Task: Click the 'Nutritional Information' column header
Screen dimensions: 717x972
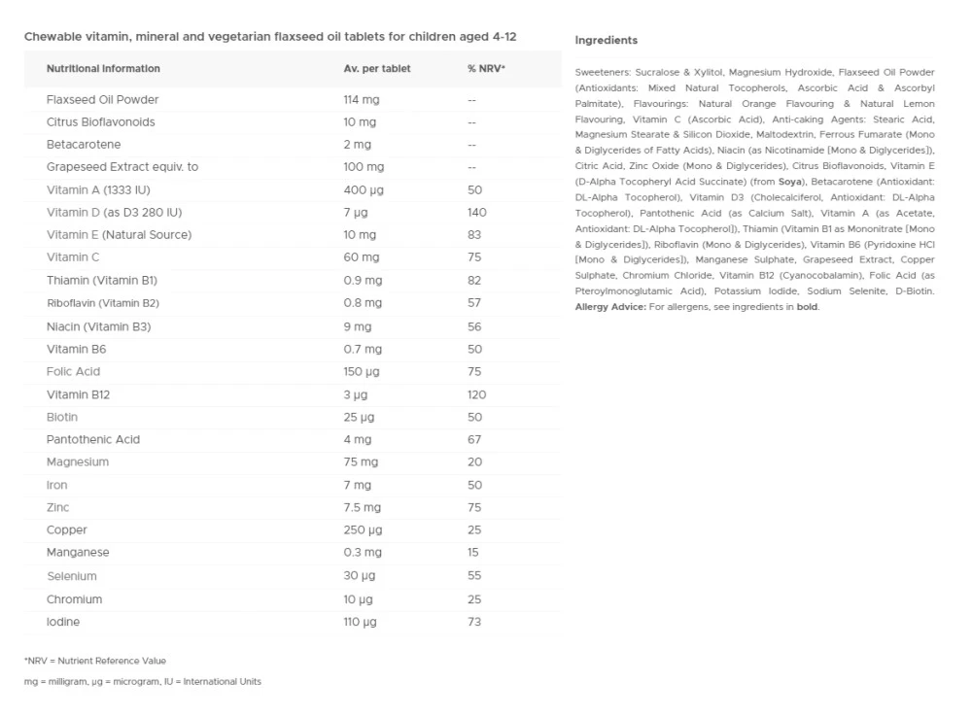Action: tap(103, 69)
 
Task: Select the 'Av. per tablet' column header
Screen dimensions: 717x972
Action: tap(377, 69)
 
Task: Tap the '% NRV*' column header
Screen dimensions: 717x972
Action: tap(486, 69)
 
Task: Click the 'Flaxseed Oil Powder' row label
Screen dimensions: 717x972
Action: tap(102, 100)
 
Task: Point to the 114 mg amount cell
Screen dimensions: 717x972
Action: tap(360, 100)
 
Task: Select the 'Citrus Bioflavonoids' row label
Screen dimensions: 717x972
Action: tap(100, 122)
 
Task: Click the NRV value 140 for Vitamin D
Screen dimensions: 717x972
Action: tap(476, 213)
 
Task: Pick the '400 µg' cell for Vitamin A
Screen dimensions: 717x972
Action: tap(363, 190)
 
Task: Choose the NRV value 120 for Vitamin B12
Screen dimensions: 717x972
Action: tap(476, 394)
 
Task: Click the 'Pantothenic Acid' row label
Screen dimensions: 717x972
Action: tap(93, 439)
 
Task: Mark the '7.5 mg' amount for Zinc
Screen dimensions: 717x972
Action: tap(362, 507)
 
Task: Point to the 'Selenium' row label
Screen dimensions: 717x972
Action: tap(72, 576)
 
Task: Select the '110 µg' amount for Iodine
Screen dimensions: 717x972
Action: tap(360, 622)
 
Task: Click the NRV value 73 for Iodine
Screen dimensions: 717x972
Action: tap(473, 622)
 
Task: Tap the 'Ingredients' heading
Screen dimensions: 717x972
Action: tap(606, 41)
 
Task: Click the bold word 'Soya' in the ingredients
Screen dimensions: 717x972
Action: tap(789, 182)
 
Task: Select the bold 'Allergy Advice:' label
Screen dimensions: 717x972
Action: tap(610, 307)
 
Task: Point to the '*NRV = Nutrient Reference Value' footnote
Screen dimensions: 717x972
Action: tap(95, 661)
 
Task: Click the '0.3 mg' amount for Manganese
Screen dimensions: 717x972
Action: tap(362, 553)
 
